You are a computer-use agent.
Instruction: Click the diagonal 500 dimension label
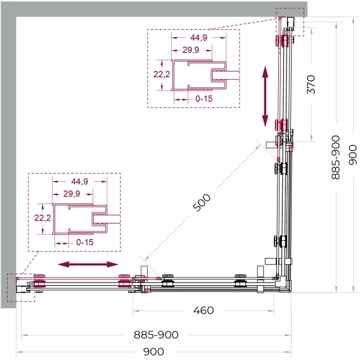tap(202, 202)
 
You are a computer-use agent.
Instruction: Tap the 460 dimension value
tap(203, 311)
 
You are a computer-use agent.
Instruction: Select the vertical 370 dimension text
tap(311, 84)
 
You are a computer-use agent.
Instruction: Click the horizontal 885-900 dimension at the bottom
tap(156, 335)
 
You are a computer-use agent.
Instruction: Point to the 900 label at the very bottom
tap(153, 352)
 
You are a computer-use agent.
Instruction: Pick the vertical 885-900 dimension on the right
tap(336, 157)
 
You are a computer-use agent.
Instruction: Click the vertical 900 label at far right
tap(353, 155)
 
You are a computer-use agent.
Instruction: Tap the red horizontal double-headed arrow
tap(88, 264)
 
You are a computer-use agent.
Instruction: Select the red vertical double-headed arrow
tap(265, 96)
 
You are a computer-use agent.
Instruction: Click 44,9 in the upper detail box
tap(198, 37)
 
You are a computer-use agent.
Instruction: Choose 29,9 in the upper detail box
tap(191, 50)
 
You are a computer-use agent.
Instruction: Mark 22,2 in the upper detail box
tap(162, 74)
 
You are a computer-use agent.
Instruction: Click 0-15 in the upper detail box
tap(204, 99)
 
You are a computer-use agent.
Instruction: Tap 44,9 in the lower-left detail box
tap(79, 181)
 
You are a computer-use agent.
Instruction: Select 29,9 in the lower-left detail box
tap(72, 194)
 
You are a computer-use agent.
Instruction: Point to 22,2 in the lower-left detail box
tap(42, 217)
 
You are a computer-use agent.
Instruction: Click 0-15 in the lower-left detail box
tap(85, 242)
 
